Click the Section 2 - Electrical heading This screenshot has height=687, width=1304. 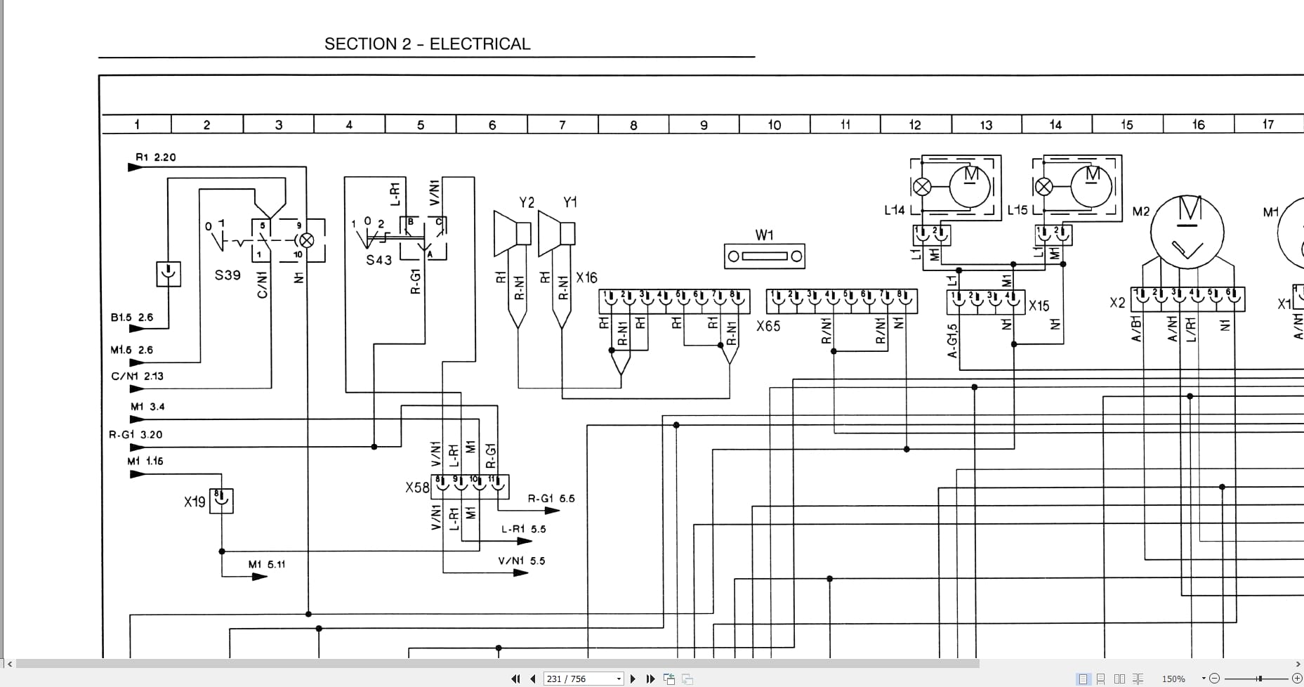pos(427,44)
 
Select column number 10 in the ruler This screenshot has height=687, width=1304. pos(774,125)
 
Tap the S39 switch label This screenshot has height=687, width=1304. pos(228,275)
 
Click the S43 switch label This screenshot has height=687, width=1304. pos(378,261)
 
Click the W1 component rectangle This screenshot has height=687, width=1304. pos(764,256)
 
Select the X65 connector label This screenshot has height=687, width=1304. pos(768,327)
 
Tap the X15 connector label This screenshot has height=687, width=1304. pos(1039,306)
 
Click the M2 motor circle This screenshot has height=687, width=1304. pos(1187,232)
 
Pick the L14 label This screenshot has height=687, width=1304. pos(894,210)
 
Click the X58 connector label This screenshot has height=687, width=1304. pos(417,488)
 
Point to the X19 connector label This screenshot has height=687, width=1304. pos(195,502)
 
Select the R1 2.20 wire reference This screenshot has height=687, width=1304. pos(155,157)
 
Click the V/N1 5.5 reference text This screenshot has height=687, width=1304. pos(521,561)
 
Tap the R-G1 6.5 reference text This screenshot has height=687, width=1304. pos(551,499)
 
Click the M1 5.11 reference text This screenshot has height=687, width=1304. pos(266,565)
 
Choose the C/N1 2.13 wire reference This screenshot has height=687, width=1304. pos(137,377)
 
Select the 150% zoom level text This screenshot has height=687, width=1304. pos(1173,679)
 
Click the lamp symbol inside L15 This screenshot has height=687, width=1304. pos(1044,187)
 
